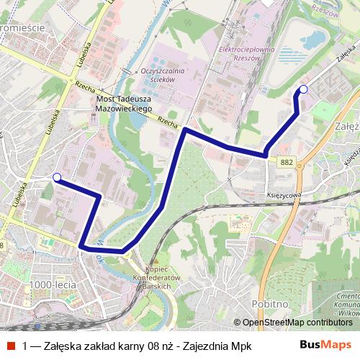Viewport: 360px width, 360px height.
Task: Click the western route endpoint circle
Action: click(57, 176)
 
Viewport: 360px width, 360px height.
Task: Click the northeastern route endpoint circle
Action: click(302, 89)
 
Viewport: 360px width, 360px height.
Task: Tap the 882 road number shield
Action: click(287, 163)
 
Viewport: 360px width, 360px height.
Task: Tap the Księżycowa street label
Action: click(282, 194)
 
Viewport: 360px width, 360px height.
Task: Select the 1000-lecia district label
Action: click(53, 284)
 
